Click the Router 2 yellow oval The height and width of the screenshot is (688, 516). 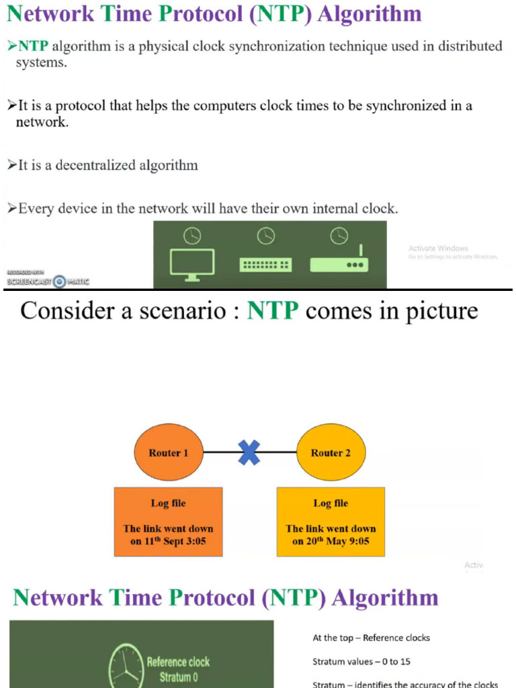331,453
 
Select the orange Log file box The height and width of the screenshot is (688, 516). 168,522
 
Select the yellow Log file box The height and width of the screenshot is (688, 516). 331,522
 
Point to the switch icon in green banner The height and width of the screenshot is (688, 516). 266,265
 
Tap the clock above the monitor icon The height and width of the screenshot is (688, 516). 192,236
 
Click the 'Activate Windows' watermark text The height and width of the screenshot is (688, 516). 438,249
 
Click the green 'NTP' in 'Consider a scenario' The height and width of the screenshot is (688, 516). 272,311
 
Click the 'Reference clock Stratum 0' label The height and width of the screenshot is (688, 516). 178,669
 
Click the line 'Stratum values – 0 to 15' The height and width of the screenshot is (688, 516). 361,662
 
